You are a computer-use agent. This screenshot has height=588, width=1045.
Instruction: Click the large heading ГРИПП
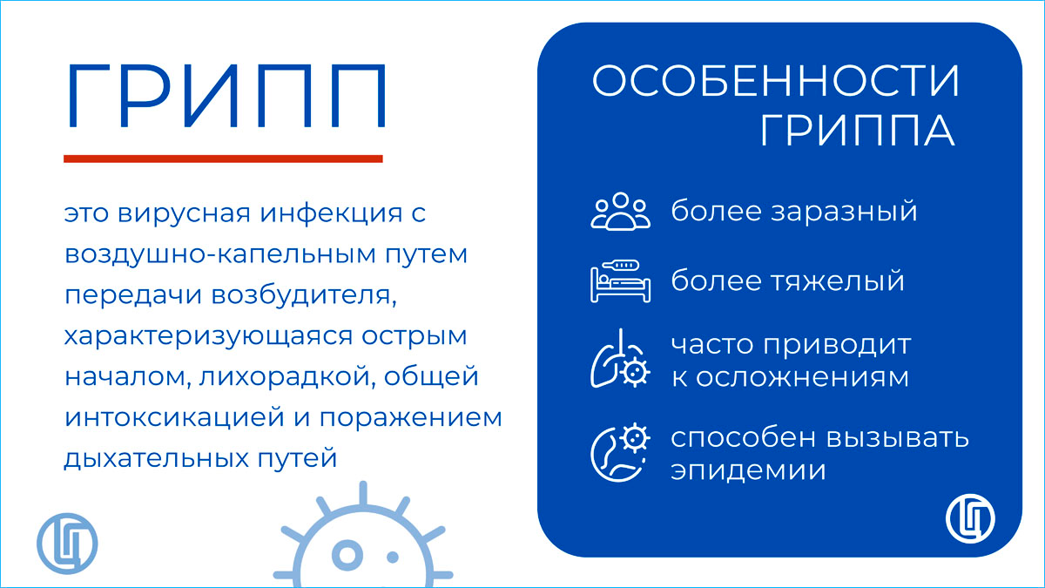226,96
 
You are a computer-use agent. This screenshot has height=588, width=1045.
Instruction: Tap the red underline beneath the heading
223,159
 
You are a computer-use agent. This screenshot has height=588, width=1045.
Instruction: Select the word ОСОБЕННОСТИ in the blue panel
775,81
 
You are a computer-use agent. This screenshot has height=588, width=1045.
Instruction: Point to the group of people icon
620,212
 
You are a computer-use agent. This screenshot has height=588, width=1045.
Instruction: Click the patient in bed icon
620,281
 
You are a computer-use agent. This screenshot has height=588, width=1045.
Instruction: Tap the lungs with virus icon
620,358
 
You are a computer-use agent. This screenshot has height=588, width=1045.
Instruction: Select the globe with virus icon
620,453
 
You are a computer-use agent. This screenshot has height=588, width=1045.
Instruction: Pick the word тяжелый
838,280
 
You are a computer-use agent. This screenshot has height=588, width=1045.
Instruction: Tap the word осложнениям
802,377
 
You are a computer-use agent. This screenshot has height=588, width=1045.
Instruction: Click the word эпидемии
748,470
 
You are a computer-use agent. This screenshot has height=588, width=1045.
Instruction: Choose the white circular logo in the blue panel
970,518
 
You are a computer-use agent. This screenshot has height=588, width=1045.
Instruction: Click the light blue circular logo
67,544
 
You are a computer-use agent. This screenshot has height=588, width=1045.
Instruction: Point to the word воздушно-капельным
220,254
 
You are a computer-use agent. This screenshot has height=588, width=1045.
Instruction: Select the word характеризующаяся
208,337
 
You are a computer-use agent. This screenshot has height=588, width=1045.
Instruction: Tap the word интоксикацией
174,417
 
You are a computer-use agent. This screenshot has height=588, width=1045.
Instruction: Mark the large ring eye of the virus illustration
347,556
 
